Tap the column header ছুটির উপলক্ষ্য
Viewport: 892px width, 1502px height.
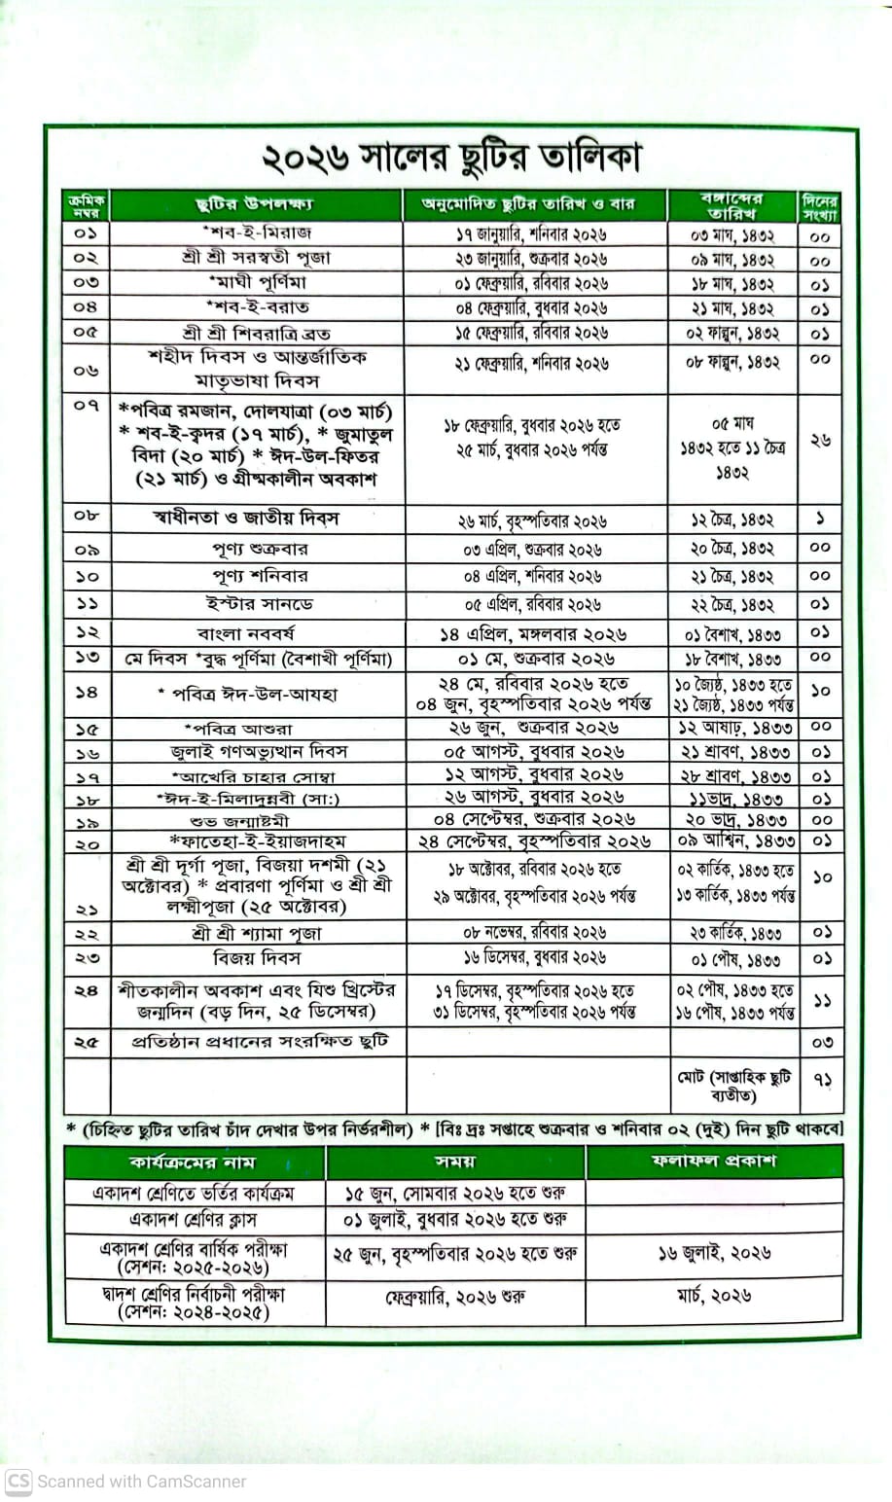pos(255,205)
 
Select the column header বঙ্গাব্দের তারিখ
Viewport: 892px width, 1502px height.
pos(731,205)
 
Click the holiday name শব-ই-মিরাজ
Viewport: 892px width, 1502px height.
pos(257,233)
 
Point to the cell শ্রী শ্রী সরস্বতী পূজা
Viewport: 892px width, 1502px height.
pos(257,258)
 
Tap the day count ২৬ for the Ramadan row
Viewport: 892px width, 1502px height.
pos(819,441)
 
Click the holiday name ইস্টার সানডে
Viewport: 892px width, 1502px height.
pos(257,604)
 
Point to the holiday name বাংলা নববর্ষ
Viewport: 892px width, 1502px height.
pos(257,633)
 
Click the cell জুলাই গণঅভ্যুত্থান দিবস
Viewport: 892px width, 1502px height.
pos(257,752)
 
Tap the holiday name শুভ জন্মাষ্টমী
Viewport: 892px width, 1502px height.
pos(257,820)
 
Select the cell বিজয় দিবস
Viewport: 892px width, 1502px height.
pos(257,958)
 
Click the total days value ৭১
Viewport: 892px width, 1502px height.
pos(819,1080)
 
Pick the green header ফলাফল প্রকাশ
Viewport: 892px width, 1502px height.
pos(714,1162)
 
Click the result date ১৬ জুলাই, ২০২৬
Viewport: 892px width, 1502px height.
pos(714,1253)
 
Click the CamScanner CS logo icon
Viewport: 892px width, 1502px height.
pos(18,1482)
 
